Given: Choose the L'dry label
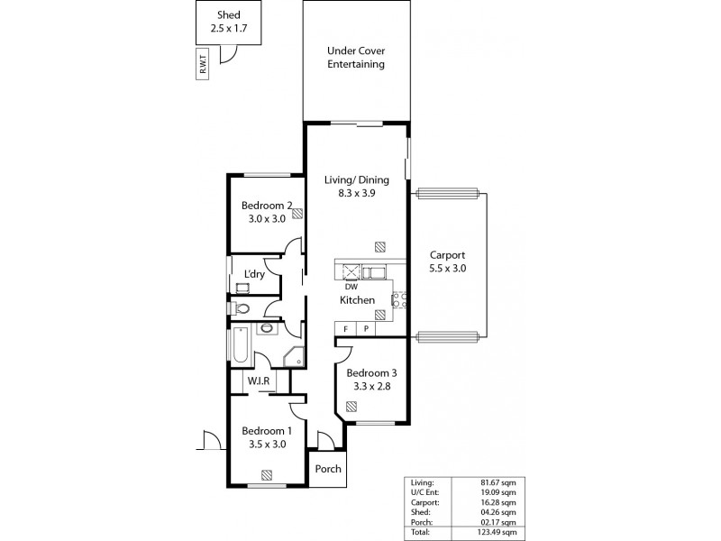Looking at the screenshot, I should (253, 274).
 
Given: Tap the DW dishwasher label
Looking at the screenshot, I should (351, 287).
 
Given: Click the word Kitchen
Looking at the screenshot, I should (356, 300).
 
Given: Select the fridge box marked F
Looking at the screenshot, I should (345, 328).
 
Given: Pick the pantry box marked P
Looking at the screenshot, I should (367, 328).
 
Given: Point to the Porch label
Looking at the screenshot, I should (328, 468).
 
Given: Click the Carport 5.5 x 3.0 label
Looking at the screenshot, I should (447, 262).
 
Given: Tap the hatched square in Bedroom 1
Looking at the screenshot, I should (267, 474).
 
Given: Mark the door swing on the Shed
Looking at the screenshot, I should (230, 54).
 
